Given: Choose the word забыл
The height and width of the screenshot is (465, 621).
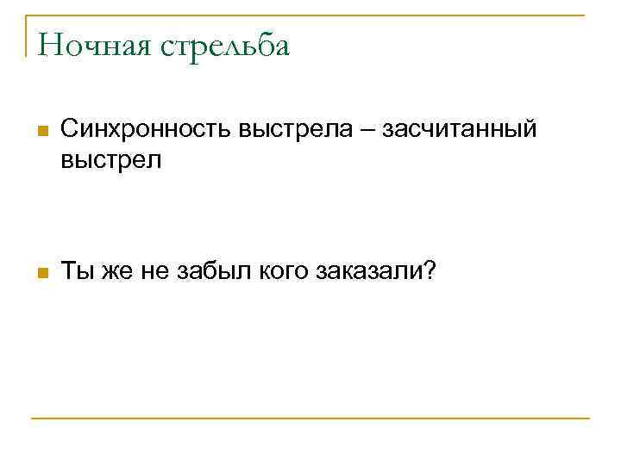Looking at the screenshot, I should [x=210, y=272].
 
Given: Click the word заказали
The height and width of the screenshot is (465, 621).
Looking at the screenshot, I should [x=371, y=272].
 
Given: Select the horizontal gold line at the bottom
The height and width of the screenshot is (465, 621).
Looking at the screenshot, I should [x=310, y=418].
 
